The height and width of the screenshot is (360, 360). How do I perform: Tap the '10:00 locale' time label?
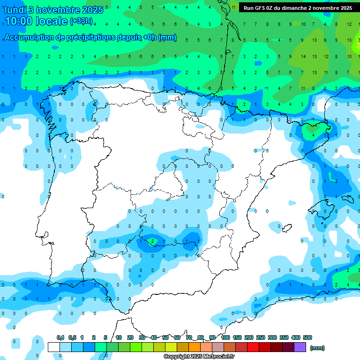tap(36, 21)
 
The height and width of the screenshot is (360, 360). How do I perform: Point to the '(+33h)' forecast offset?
tap(81, 21)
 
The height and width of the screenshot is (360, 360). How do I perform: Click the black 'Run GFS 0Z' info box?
tap(298, 8)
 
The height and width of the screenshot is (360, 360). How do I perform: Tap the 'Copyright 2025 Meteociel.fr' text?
tap(199, 357)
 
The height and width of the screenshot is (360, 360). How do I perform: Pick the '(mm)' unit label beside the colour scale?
tap(317, 348)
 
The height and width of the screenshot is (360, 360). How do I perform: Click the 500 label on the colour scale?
tap(307, 337)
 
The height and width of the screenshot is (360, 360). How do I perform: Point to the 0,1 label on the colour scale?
tap(60, 337)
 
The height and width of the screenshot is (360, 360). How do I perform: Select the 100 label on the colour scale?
tap(225, 337)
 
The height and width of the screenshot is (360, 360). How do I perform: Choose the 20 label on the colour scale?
tap(130, 337)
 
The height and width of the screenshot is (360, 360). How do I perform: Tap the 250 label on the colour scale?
tap(260, 337)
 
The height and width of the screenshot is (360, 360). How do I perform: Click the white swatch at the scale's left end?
tap(54, 347)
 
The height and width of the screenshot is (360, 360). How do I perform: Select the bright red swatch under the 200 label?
tap(253, 347)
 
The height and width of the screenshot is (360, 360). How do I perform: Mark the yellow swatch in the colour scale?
tap(171, 347)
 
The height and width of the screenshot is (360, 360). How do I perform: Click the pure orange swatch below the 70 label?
tap(195, 347)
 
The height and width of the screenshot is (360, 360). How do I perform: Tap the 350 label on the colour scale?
tap(284, 337)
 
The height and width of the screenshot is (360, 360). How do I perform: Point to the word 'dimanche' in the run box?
tap(294, 8)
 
